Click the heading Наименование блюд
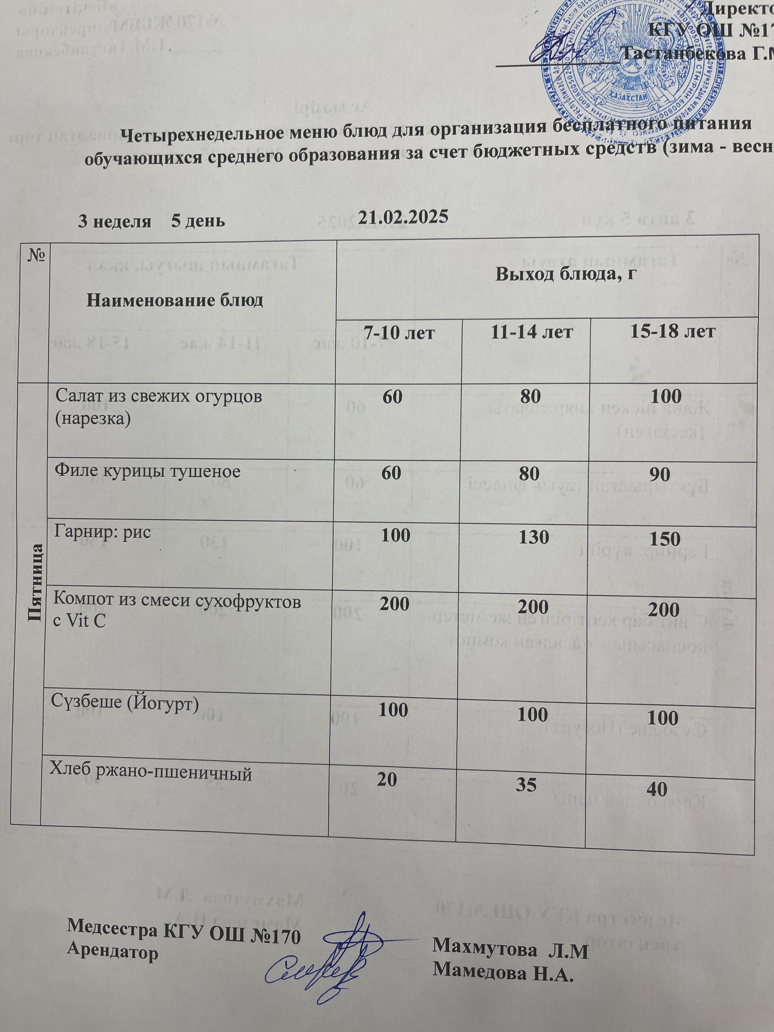tap(175, 300)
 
